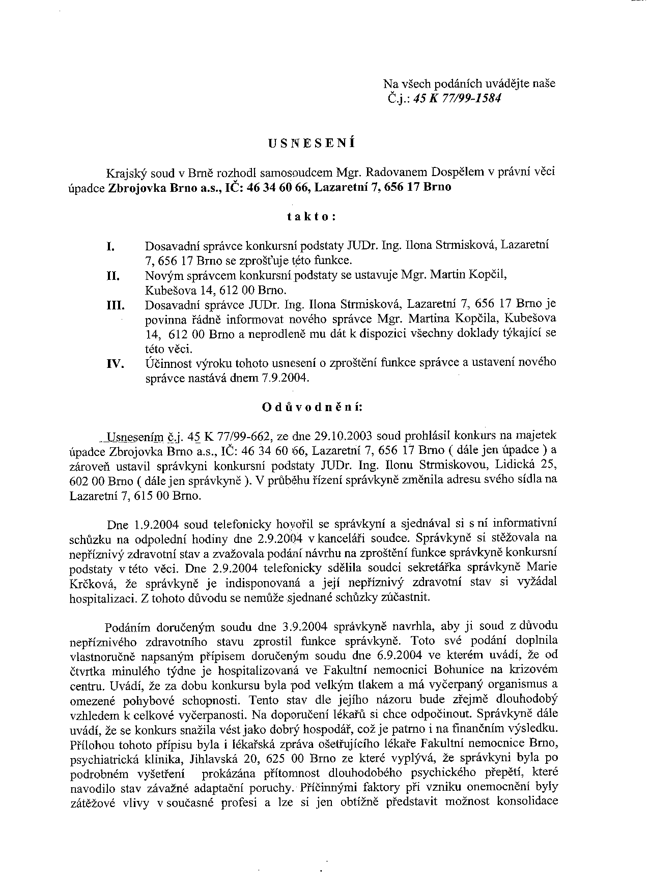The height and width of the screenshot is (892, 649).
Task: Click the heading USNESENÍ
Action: (x=312, y=143)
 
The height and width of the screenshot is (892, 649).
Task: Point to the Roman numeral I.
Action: (x=109, y=247)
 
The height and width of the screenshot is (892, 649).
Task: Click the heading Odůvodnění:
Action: (x=312, y=407)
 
